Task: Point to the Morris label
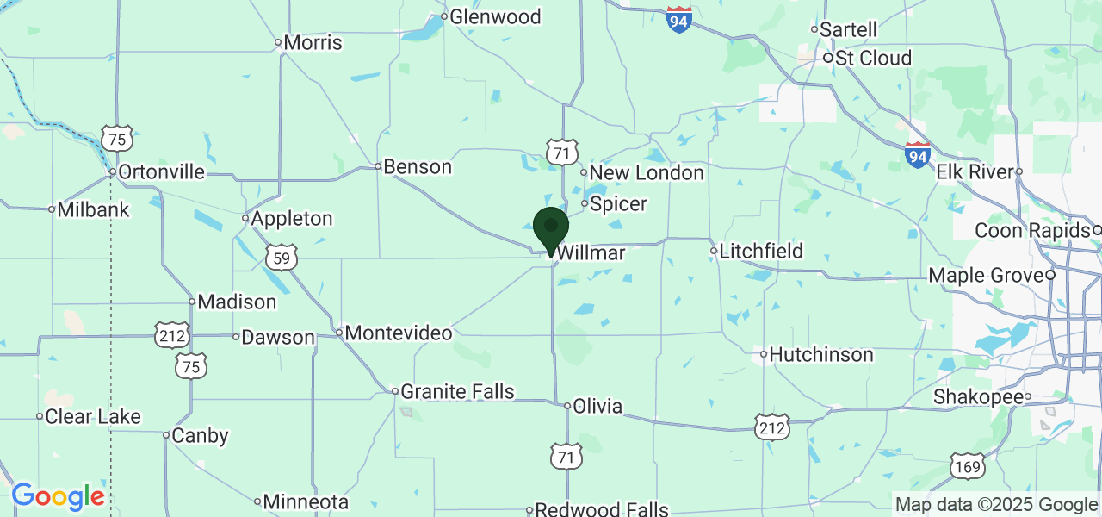[313, 42]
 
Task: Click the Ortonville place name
[161, 171]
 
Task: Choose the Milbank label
[93, 209]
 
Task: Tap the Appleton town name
[292, 218]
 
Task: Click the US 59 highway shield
[282, 257]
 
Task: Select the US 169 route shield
[969, 466]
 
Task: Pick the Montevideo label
[399, 333]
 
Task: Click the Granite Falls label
[457, 392]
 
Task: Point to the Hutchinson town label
[820, 354]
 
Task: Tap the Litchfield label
[761, 251]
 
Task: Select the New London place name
[646, 172]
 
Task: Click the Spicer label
[618, 204]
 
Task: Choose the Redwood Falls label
[601, 509]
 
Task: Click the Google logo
[58, 497]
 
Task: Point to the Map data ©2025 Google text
[995, 505]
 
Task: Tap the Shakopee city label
[980, 397]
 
